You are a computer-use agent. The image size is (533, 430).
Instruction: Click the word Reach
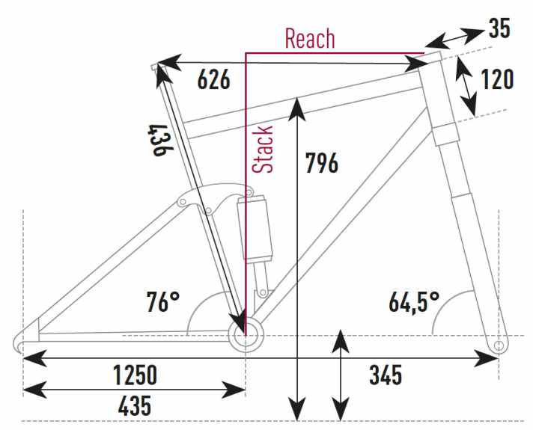point(310,38)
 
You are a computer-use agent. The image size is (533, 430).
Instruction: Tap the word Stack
point(263,149)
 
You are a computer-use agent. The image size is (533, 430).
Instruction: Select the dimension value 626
point(214,79)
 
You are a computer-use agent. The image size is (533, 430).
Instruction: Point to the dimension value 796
point(322,163)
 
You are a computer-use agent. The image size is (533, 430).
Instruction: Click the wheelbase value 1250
point(135,375)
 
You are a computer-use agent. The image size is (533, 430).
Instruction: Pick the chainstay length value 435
point(135,405)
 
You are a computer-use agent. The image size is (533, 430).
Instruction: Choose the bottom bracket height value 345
point(386,375)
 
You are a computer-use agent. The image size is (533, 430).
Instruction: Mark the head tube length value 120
point(496,79)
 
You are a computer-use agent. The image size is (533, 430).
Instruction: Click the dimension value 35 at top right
point(499,28)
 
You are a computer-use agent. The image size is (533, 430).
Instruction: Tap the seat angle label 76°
point(163,301)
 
